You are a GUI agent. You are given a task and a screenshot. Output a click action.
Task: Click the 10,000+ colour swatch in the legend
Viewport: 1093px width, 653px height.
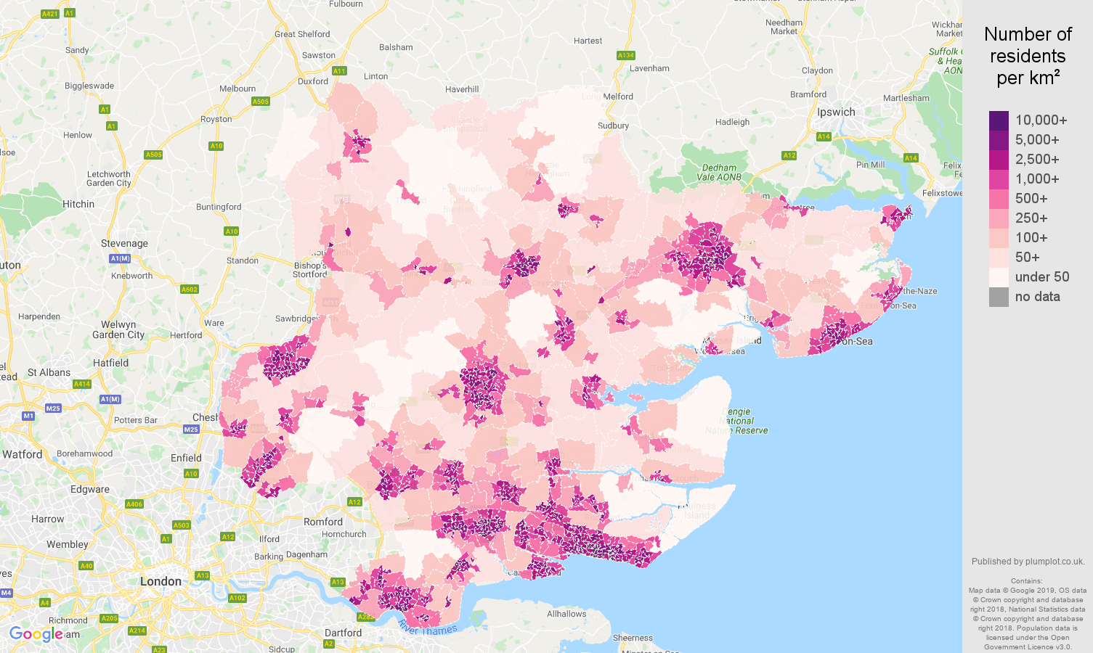coord(999,120)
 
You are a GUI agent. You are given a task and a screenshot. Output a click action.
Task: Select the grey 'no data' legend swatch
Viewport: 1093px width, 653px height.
coord(999,297)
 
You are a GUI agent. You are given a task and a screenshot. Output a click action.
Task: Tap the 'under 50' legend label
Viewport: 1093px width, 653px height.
coord(1041,277)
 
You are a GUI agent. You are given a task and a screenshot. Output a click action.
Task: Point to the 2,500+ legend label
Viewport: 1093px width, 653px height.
coord(1036,160)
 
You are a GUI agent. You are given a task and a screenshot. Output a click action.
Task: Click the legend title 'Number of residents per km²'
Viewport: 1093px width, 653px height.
coord(1028,56)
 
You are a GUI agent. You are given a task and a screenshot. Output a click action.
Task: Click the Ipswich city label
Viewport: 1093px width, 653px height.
coord(836,112)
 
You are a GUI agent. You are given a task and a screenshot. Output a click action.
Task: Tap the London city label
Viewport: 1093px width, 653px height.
coord(161,581)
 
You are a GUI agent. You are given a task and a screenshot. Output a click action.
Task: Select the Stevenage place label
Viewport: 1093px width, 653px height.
coord(124,244)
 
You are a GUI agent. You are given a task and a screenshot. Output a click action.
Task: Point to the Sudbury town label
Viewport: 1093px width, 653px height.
coord(613,126)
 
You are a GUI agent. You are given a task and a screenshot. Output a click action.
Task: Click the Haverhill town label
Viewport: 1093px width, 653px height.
coord(462,89)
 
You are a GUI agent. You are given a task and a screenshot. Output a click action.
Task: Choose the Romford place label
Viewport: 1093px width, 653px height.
coord(323,522)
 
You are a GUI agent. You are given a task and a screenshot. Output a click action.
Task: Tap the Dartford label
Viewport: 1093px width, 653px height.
coord(343,633)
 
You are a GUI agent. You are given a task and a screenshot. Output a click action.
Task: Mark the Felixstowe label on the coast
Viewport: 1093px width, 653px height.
coord(942,193)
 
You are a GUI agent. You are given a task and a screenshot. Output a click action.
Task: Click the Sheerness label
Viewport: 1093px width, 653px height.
coord(633,638)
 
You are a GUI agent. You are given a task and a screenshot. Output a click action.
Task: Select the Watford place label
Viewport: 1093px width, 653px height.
coord(23,454)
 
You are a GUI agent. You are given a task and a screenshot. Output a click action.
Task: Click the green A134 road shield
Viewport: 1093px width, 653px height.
coord(625,55)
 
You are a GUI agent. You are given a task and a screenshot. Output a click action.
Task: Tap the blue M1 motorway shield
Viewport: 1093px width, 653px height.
coord(28,416)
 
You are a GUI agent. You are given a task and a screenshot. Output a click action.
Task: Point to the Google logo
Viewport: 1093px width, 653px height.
coord(36,634)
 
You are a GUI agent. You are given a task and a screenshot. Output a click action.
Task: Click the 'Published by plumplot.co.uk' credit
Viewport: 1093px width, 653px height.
coord(1028,562)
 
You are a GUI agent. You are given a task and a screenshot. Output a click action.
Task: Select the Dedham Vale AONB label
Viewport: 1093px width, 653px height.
coord(719,173)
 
